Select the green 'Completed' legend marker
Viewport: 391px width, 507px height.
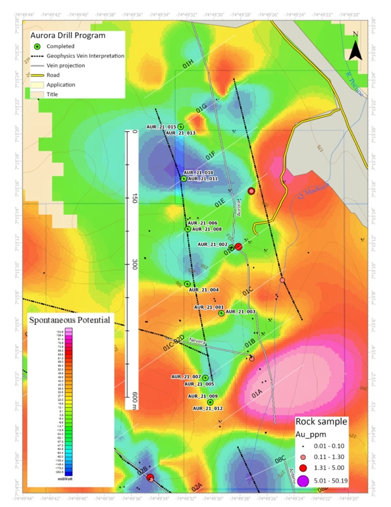(x=37, y=47)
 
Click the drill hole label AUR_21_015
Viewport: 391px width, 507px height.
(x=161, y=127)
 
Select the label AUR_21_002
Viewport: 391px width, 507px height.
(x=212, y=245)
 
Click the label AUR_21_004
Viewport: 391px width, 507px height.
(x=203, y=290)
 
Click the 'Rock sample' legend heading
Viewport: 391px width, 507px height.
(x=321, y=421)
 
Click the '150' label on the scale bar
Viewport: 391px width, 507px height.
(x=134, y=198)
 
